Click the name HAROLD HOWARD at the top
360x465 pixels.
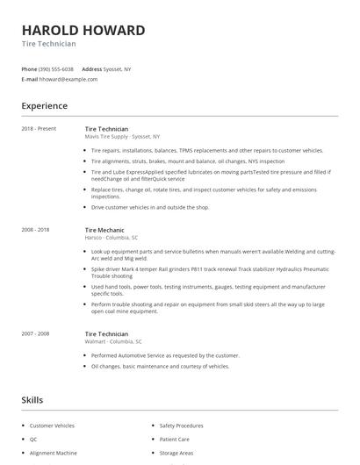point(83,31)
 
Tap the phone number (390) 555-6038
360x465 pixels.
point(56,68)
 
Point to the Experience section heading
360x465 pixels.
point(44,106)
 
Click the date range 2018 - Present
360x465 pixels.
point(39,128)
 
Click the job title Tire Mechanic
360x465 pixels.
point(104,229)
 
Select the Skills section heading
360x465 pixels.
point(32,399)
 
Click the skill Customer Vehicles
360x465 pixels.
point(52,425)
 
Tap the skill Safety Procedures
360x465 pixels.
point(183,425)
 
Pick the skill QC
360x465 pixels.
point(33,439)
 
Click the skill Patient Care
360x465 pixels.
point(175,439)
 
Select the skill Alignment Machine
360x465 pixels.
point(53,454)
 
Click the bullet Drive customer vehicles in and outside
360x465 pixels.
point(150,207)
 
